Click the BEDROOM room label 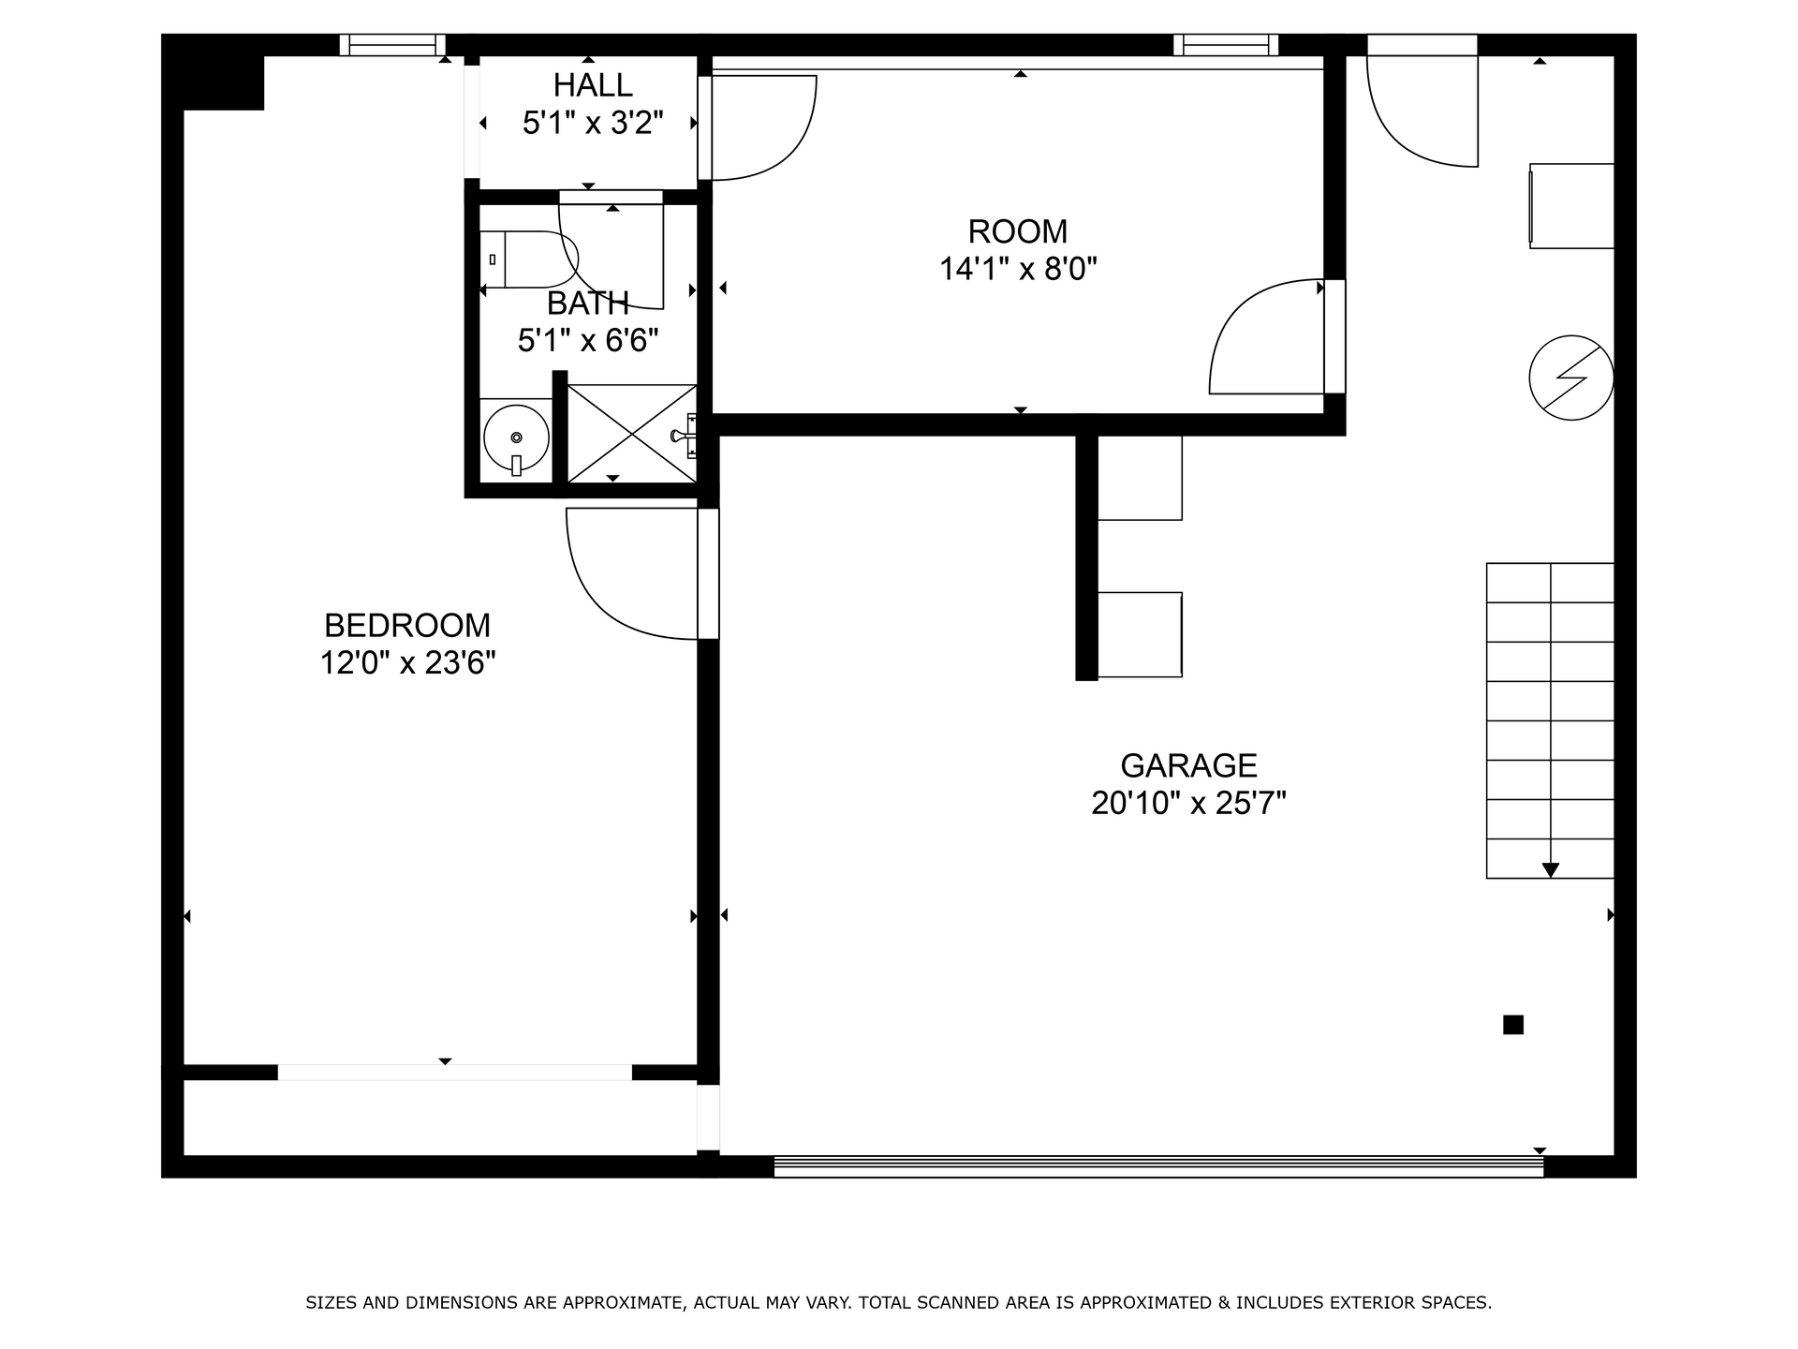click(x=407, y=625)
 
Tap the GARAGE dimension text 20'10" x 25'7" click(x=1188, y=804)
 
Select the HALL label click(x=593, y=85)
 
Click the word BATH click(x=587, y=304)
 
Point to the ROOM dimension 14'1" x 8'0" click(x=1018, y=270)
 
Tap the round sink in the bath click(x=516, y=437)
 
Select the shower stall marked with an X click(x=632, y=434)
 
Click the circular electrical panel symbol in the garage click(x=1570, y=378)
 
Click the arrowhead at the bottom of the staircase click(x=1550, y=870)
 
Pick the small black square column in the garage click(x=1512, y=1025)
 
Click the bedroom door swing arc click(x=618, y=586)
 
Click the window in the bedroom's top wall click(x=391, y=44)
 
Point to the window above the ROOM click(x=1225, y=44)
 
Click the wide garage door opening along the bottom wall click(x=1157, y=1166)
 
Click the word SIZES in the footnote click(x=332, y=1302)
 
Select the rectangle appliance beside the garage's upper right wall click(x=1571, y=206)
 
